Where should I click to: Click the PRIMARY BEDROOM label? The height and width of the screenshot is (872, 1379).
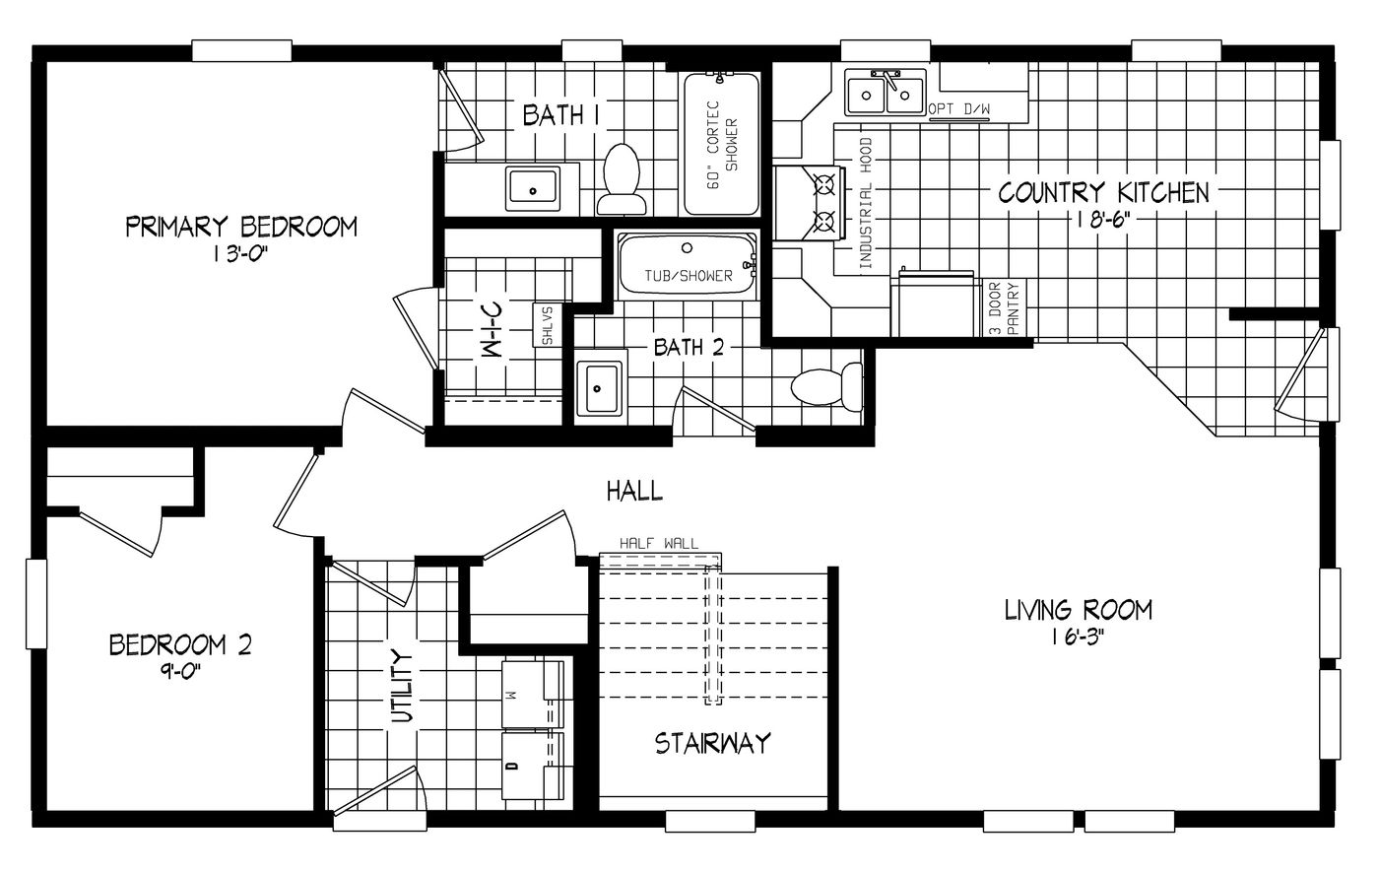(241, 227)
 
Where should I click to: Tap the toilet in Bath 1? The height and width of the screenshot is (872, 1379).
(622, 178)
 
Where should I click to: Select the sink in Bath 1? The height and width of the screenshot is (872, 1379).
(533, 188)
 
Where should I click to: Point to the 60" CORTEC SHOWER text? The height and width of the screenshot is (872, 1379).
(721, 146)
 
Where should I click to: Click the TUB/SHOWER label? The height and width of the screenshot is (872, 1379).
(689, 276)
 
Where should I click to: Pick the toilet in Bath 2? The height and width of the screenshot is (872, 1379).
(826, 386)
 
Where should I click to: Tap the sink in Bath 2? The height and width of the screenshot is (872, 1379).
(600, 388)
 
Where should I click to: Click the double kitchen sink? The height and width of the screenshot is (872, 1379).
(886, 94)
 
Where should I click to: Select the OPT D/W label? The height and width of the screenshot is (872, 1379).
(959, 109)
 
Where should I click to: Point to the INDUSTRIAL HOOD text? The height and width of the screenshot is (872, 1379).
(866, 203)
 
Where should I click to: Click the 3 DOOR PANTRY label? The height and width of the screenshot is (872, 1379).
(1004, 307)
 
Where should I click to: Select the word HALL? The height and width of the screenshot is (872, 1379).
(634, 492)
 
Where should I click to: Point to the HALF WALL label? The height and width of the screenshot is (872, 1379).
(659, 543)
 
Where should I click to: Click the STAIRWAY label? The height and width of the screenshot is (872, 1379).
(712, 743)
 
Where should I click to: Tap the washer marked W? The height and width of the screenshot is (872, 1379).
(533, 694)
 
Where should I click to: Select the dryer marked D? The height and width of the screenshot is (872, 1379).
(533, 766)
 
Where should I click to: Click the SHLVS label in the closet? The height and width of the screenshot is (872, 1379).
(547, 325)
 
